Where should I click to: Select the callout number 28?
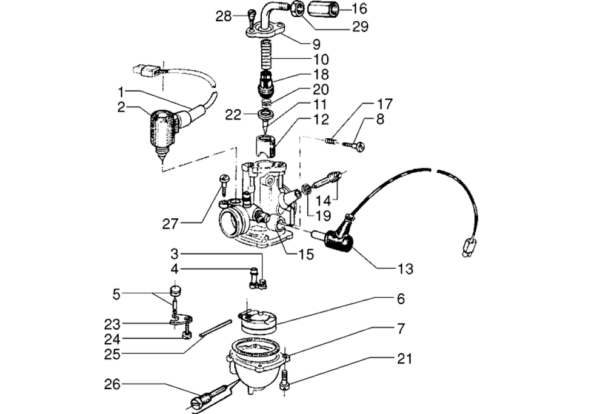tap(224, 16)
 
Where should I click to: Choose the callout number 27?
tap(170, 224)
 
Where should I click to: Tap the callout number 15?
tap(306, 255)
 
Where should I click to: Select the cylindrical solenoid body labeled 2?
tap(161, 130)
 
